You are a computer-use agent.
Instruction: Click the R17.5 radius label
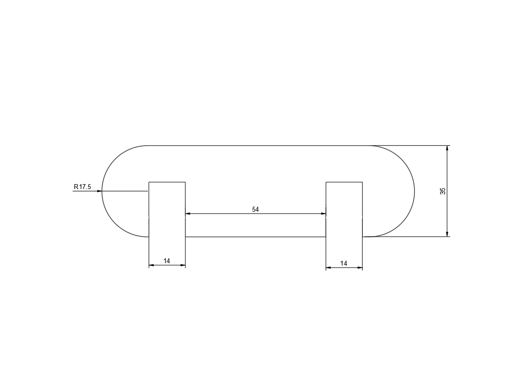click(82, 187)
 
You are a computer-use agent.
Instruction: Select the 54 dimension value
click(255, 209)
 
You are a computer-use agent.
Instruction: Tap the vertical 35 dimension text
click(443, 191)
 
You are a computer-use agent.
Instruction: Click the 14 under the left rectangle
click(167, 261)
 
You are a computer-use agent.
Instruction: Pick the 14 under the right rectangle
click(344, 264)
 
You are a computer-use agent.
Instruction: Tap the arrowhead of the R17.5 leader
click(99, 191)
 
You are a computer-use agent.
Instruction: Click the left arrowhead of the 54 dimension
click(188, 214)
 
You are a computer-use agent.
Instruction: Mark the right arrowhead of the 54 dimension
click(323, 214)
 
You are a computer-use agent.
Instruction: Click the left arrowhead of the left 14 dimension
click(151, 265)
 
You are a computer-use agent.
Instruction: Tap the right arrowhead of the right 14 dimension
click(360, 268)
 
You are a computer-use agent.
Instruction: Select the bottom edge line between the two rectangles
click(255, 237)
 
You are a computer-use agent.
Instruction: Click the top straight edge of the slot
click(255, 145)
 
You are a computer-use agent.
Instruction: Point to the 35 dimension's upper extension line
click(422, 145)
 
